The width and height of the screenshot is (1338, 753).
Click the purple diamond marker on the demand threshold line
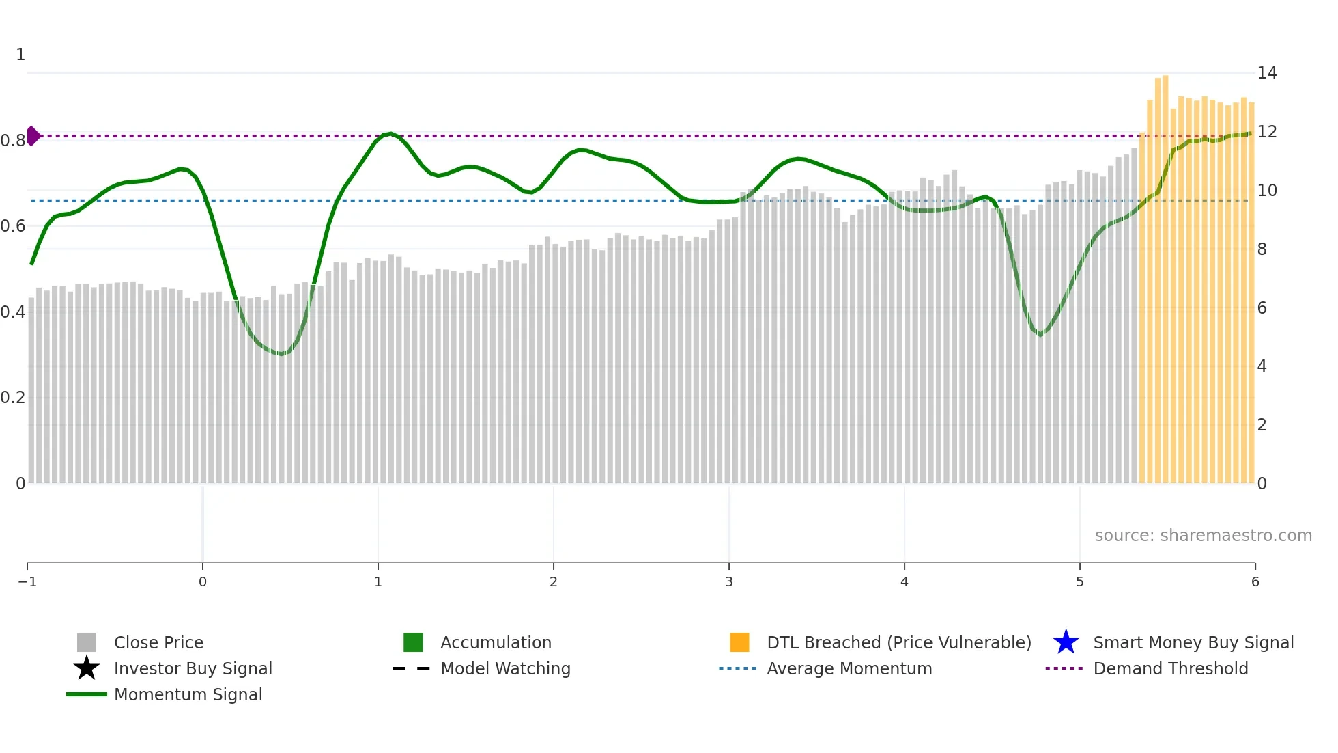(x=33, y=136)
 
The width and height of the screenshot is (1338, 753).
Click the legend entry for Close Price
(x=158, y=642)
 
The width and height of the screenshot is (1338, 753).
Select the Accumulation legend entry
(x=495, y=642)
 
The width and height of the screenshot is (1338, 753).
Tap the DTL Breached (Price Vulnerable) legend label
(x=898, y=642)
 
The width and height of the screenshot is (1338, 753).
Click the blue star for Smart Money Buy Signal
(x=1066, y=642)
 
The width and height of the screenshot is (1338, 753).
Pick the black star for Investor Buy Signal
(x=87, y=668)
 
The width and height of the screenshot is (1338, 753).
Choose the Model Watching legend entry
(x=504, y=668)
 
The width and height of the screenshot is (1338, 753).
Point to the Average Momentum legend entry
(x=849, y=668)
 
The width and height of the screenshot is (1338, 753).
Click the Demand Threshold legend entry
(x=1170, y=668)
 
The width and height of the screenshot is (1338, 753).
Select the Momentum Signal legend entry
(x=188, y=694)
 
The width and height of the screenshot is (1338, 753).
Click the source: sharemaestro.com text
(x=1203, y=536)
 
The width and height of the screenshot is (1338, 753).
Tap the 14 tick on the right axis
(x=1267, y=73)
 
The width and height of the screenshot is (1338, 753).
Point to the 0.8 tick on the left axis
(x=13, y=141)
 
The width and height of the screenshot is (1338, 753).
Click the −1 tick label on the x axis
(x=27, y=582)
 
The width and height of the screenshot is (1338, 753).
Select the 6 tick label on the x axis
(x=1255, y=582)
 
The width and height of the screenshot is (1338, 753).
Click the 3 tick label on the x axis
(x=729, y=582)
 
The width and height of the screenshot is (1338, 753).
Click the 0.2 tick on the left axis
(x=13, y=398)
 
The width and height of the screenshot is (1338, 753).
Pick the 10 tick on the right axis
(x=1267, y=191)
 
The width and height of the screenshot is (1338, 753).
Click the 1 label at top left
(x=20, y=55)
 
